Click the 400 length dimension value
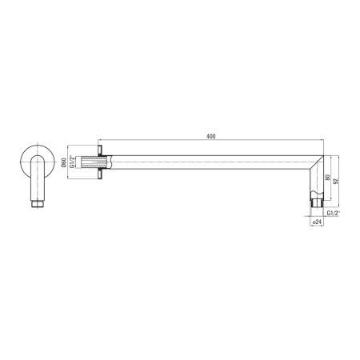[210, 136]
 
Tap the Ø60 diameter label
[63, 162]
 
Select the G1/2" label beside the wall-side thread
[72, 162]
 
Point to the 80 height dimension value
[328, 178]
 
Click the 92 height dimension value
[336, 181]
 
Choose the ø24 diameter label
[318, 222]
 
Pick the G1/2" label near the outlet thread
[334, 213]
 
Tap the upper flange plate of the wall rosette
[100, 150]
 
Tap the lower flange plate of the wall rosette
[100, 174]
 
